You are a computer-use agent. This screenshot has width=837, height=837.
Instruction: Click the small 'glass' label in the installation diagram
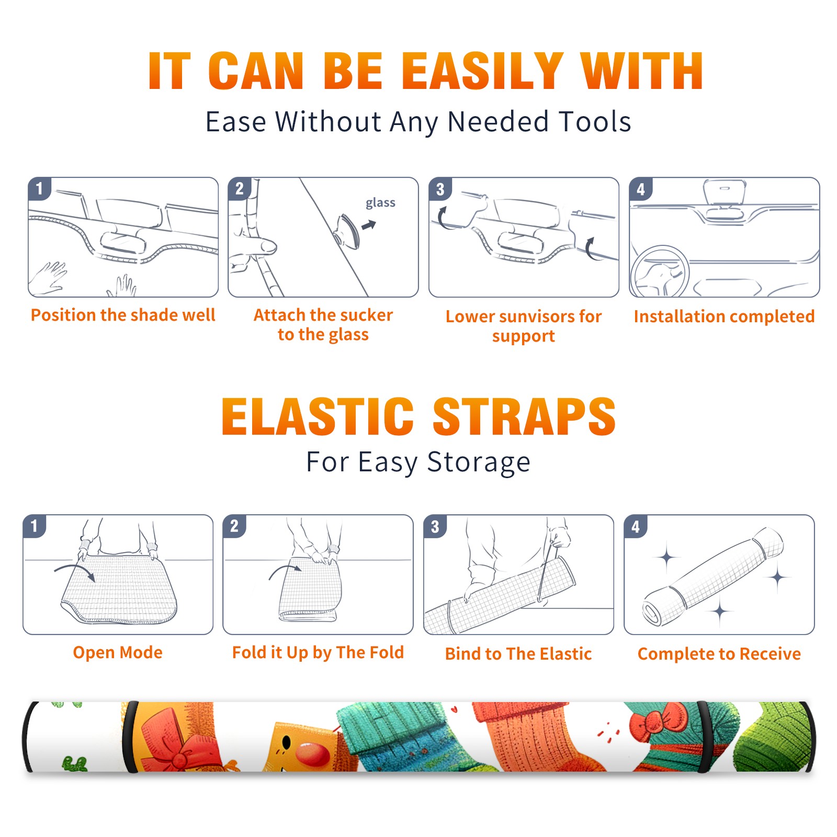pos(380,203)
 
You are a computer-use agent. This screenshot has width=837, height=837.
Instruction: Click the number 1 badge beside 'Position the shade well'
pos(39,188)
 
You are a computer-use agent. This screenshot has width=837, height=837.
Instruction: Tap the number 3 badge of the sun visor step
pos(440,189)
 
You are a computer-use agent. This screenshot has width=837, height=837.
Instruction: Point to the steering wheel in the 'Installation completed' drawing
pos(659,272)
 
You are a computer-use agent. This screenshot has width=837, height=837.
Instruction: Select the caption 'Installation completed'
pos(724,316)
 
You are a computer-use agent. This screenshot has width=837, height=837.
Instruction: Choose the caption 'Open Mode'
pos(118,652)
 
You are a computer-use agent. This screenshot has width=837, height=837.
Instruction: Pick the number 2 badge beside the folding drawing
pos(234,526)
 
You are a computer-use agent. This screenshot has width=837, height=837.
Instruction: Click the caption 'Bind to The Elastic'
pos(518,654)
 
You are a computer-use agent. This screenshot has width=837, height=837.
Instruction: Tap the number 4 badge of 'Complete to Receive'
pos(636,526)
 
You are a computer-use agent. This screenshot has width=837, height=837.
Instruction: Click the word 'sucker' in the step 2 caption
pos(366,315)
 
